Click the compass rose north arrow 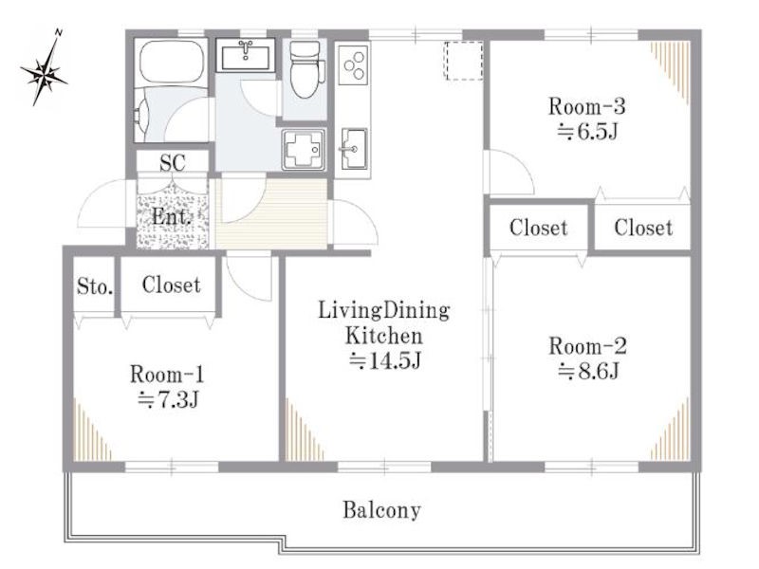pos(44,68)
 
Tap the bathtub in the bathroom pos(171,63)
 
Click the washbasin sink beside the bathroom pos(246,56)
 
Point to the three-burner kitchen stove pos(353,64)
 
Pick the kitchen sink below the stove pos(354,149)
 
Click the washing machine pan pos(304,150)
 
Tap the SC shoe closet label pos(173,162)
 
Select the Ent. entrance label pos(171,216)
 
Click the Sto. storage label pos(95,287)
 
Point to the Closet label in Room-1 pos(171,284)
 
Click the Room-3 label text pos(586,106)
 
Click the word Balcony pos(381,510)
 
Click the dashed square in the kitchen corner pos(464,61)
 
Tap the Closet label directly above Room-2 pos(538,228)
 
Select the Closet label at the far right pos(643,228)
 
